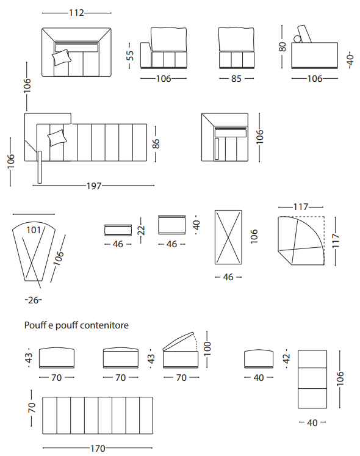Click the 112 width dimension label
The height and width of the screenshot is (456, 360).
(x=76, y=13)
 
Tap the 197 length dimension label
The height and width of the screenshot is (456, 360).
(x=94, y=186)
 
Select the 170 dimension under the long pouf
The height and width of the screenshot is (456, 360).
(x=98, y=449)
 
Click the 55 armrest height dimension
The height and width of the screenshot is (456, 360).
(x=130, y=56)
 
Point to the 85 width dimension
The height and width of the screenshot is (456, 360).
(x=236, y=79)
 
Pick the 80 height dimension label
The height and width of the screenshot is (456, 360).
(x=283, y=47)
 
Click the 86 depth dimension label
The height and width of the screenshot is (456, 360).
(x=156, y=143)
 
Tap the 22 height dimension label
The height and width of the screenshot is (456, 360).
(x=141, y=230)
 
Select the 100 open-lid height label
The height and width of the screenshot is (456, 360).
(x=207, y=349)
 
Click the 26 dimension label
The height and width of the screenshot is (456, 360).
(x=34, y=300)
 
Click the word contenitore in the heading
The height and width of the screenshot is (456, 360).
(x=104, y=325)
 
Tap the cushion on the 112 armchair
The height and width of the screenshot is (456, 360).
(x=62, y=57)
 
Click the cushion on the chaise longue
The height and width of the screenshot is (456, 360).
(x=57, y=138)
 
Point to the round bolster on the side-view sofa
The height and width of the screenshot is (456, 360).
(x=298, y=39)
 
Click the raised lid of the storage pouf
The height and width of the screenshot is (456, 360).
(x=178, y=341)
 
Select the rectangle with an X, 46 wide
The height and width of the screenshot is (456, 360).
(x=228, y=237)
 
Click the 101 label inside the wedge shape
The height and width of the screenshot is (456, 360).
(x=34, y=230)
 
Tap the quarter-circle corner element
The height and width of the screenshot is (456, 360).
(x=301, y=241)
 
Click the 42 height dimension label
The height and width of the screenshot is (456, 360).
(x=286, y=358)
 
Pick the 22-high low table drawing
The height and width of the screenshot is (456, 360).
(x=118, y=230)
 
